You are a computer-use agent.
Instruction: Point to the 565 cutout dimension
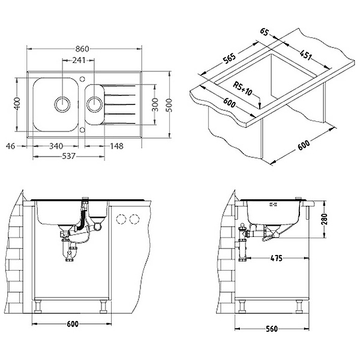(229, 60)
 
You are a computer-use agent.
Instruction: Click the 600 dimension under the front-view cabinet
(71, 325)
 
